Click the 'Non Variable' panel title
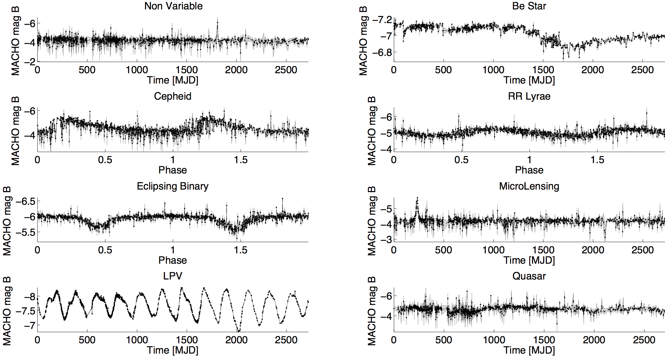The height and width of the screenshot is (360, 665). [173, 6]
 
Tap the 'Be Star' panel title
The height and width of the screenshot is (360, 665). [529, 6]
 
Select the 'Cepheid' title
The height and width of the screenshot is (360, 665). [173, 96]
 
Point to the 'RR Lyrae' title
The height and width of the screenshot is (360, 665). [529, 96]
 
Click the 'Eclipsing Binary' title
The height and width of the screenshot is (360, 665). [173, 186]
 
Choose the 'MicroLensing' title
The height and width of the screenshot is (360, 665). [529, 186]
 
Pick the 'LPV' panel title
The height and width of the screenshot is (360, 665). [173, 276]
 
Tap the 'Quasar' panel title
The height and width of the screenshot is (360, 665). [529, 276]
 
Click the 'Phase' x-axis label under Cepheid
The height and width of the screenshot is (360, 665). [173, 170]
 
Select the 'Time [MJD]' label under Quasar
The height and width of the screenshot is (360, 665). [529, 350]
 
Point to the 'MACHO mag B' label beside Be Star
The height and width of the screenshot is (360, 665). [363, 41]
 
